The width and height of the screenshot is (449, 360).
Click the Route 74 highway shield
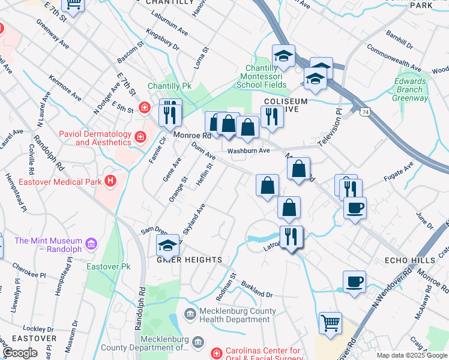pyautogui.click(x=365, y=112)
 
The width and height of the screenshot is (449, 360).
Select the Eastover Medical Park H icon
pyautogui.click(x=109, y=180)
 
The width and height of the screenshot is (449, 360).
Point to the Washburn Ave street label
pyautogui.click(x=249, y=151)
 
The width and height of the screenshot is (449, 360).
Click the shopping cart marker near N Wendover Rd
pyautogui.click(x=330, y=323)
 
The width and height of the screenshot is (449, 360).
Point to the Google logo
pyautogui.click(x=20, y=353)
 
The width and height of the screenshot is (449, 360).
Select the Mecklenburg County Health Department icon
pyautogui.click(x=190, y=313)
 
